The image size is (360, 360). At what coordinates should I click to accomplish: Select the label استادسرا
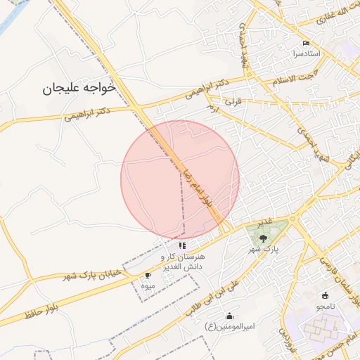[x=307, y=53]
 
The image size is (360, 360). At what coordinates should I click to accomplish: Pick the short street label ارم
[x=212, y=109]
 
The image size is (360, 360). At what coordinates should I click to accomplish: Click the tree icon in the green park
[x=263, y=238]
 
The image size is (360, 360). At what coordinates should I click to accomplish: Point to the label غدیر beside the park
[x=264, y=223]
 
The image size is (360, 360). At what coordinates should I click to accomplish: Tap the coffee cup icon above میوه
[x=147, y=275]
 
